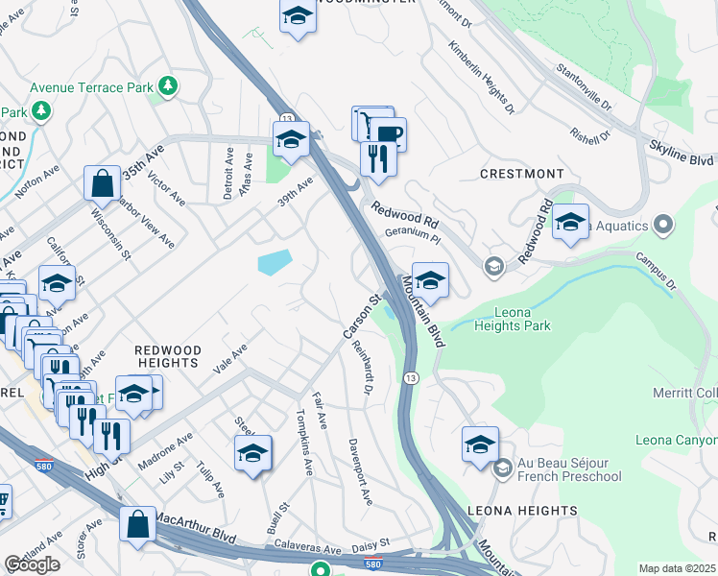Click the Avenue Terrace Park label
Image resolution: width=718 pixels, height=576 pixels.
91,87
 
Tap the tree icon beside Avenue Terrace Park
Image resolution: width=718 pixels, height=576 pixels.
169,86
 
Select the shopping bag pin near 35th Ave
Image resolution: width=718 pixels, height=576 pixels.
102,181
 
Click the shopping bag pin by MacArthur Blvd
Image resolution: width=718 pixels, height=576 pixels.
138,524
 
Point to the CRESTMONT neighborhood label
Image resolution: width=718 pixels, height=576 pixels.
522,174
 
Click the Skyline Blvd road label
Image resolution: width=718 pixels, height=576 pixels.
681,155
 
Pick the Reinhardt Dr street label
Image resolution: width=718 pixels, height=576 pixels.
362,368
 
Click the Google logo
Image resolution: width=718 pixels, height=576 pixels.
32,564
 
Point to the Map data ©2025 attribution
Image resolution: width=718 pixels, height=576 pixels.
677,568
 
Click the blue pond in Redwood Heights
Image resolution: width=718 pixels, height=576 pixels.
275,261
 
